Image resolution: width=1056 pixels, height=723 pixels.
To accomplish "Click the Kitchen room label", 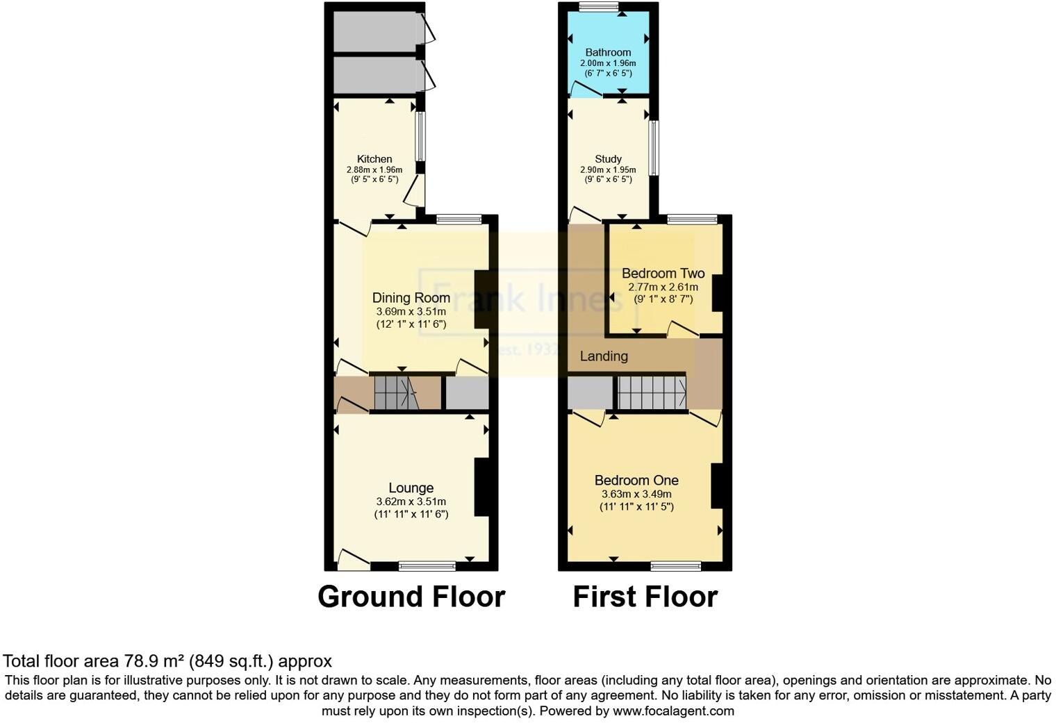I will pyautogui.click(x=374, y=159).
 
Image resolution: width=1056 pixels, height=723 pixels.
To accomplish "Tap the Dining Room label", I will pyautogui.click(x=411, y=297).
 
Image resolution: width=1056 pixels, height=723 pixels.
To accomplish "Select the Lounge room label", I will pyautogui.click(x=411, y=488).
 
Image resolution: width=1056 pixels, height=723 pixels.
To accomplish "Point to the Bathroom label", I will pyautogui.click(x=608, y=52).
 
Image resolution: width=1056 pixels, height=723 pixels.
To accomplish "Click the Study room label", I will pyautogui.click(x=608, y=159).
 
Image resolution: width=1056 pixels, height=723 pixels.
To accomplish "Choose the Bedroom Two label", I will pyautogui.click(x=663, y=273).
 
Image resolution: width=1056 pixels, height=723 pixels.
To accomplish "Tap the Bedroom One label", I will pyautogui.click(x=636, y=480).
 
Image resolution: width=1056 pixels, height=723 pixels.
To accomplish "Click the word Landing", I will pyautogui.click(x=604, y=356).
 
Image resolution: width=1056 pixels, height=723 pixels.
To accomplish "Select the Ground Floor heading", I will pyautogui.click(x=411, y=597).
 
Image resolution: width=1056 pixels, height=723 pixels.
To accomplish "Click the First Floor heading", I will pyautogui.click(x=645, y=597).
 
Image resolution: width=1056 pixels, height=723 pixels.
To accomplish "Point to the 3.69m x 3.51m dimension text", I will pyautogui.click(x=411, y=312).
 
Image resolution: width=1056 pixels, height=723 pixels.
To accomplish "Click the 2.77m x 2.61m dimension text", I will pyautogui.click(x=663, y=287).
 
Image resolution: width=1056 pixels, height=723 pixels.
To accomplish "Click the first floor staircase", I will pyautogui.click(x=652, y=392).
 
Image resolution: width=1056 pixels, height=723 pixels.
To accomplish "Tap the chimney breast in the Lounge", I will pyautogui.click(x=481, y=487).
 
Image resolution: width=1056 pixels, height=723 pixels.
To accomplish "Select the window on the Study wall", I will pyautogui.click(x=653, y=148).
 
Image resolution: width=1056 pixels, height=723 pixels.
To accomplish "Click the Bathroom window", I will pyautogui.click(x=600, y=7).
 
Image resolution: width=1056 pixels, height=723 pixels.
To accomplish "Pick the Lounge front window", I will pyautogui.click(x=427, y=566).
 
